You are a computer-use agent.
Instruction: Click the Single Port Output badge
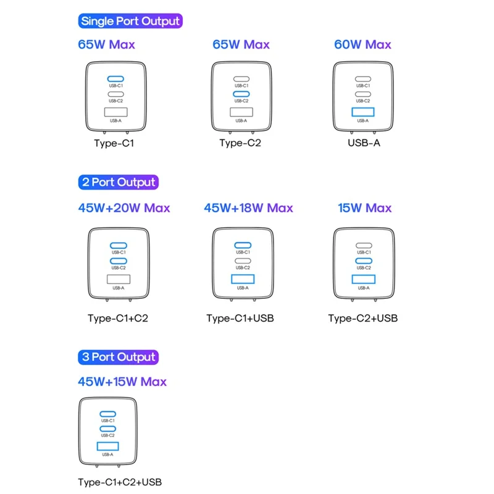[x=130, y=21]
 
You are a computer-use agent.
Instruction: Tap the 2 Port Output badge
[x=118, y=182]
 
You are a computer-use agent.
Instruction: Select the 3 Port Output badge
[x=118, y=357]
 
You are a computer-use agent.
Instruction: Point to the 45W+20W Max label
[x=124, y=208]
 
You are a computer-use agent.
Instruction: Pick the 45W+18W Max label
[x=249, y=208]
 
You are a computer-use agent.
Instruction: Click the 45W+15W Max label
[x=122, y=382]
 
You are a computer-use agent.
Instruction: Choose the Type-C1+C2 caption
[x=118, y=319]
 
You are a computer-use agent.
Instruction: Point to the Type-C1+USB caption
[x=240, y=319]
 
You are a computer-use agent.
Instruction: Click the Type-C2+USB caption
[x=363, y=319]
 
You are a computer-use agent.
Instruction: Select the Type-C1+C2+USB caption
[x=120, y=482]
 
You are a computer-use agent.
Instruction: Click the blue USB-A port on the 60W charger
[x=362, y=113]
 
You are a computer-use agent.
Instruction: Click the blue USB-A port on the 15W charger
[x=362, y=279]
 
